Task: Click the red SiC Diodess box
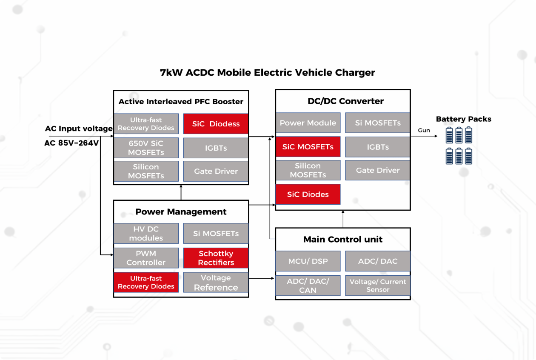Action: coord(216,124)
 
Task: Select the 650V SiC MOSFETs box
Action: coord(146,148)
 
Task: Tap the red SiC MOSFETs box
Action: coord(308,147)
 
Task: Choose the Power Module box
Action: coord(308,123)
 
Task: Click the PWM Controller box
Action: coord(146,258)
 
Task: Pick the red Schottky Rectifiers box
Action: coord(216,258)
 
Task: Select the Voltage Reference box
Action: coord(216,283)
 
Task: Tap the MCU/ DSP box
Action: coord(308,261)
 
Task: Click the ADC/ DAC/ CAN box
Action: coord(308,285)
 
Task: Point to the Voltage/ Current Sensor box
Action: coord(378,285)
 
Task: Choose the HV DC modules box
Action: coord(146,234)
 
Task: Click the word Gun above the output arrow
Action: coord(424,131)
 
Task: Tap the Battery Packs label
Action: coord(463,119)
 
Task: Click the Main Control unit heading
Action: coord(343,240)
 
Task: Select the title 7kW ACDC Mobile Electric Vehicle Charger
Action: coord(268,72)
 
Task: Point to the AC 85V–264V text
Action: coord(71,143)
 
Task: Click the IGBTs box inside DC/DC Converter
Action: coord(378,147)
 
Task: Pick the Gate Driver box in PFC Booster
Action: coord(216,171)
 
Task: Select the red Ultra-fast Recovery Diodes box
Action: coord(146,282)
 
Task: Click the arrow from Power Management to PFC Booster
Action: coord(181,192)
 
